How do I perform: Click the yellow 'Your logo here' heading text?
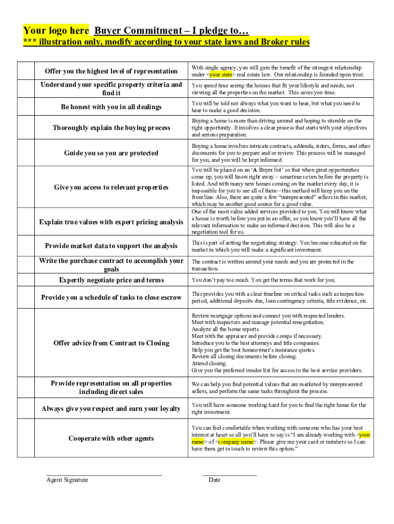point(56,30)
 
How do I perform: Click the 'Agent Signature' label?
point(67,480)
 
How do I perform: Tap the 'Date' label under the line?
point(214,480)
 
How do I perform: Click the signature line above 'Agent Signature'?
point(104,475)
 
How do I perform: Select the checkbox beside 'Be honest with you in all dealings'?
point(25,106)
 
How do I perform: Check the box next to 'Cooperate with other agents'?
point(25,438)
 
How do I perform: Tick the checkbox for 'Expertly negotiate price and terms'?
point(25,280)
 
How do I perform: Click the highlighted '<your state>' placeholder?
point(214,75)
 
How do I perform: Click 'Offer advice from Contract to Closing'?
point(111,343)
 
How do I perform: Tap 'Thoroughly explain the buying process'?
point(111,127)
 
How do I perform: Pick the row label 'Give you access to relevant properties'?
point(111,187)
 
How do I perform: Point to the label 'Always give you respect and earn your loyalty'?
point(111,408)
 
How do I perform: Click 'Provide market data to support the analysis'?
point(111,246)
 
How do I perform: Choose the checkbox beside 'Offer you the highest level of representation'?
point(25,71)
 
